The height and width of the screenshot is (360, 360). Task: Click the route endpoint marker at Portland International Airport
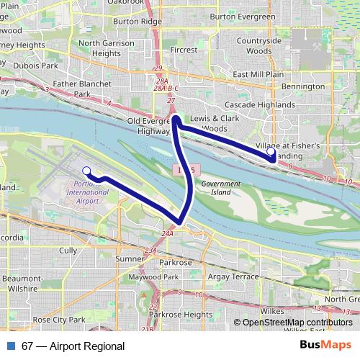86,171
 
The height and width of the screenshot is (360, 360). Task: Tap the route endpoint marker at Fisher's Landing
270,152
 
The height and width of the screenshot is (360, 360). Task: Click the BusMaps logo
325,346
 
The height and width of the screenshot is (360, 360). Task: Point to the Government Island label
220,188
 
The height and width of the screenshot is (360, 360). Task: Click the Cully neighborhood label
68,251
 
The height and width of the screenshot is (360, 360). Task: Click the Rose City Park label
59,319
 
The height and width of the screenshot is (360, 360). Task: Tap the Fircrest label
184,50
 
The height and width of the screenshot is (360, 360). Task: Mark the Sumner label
130,258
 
